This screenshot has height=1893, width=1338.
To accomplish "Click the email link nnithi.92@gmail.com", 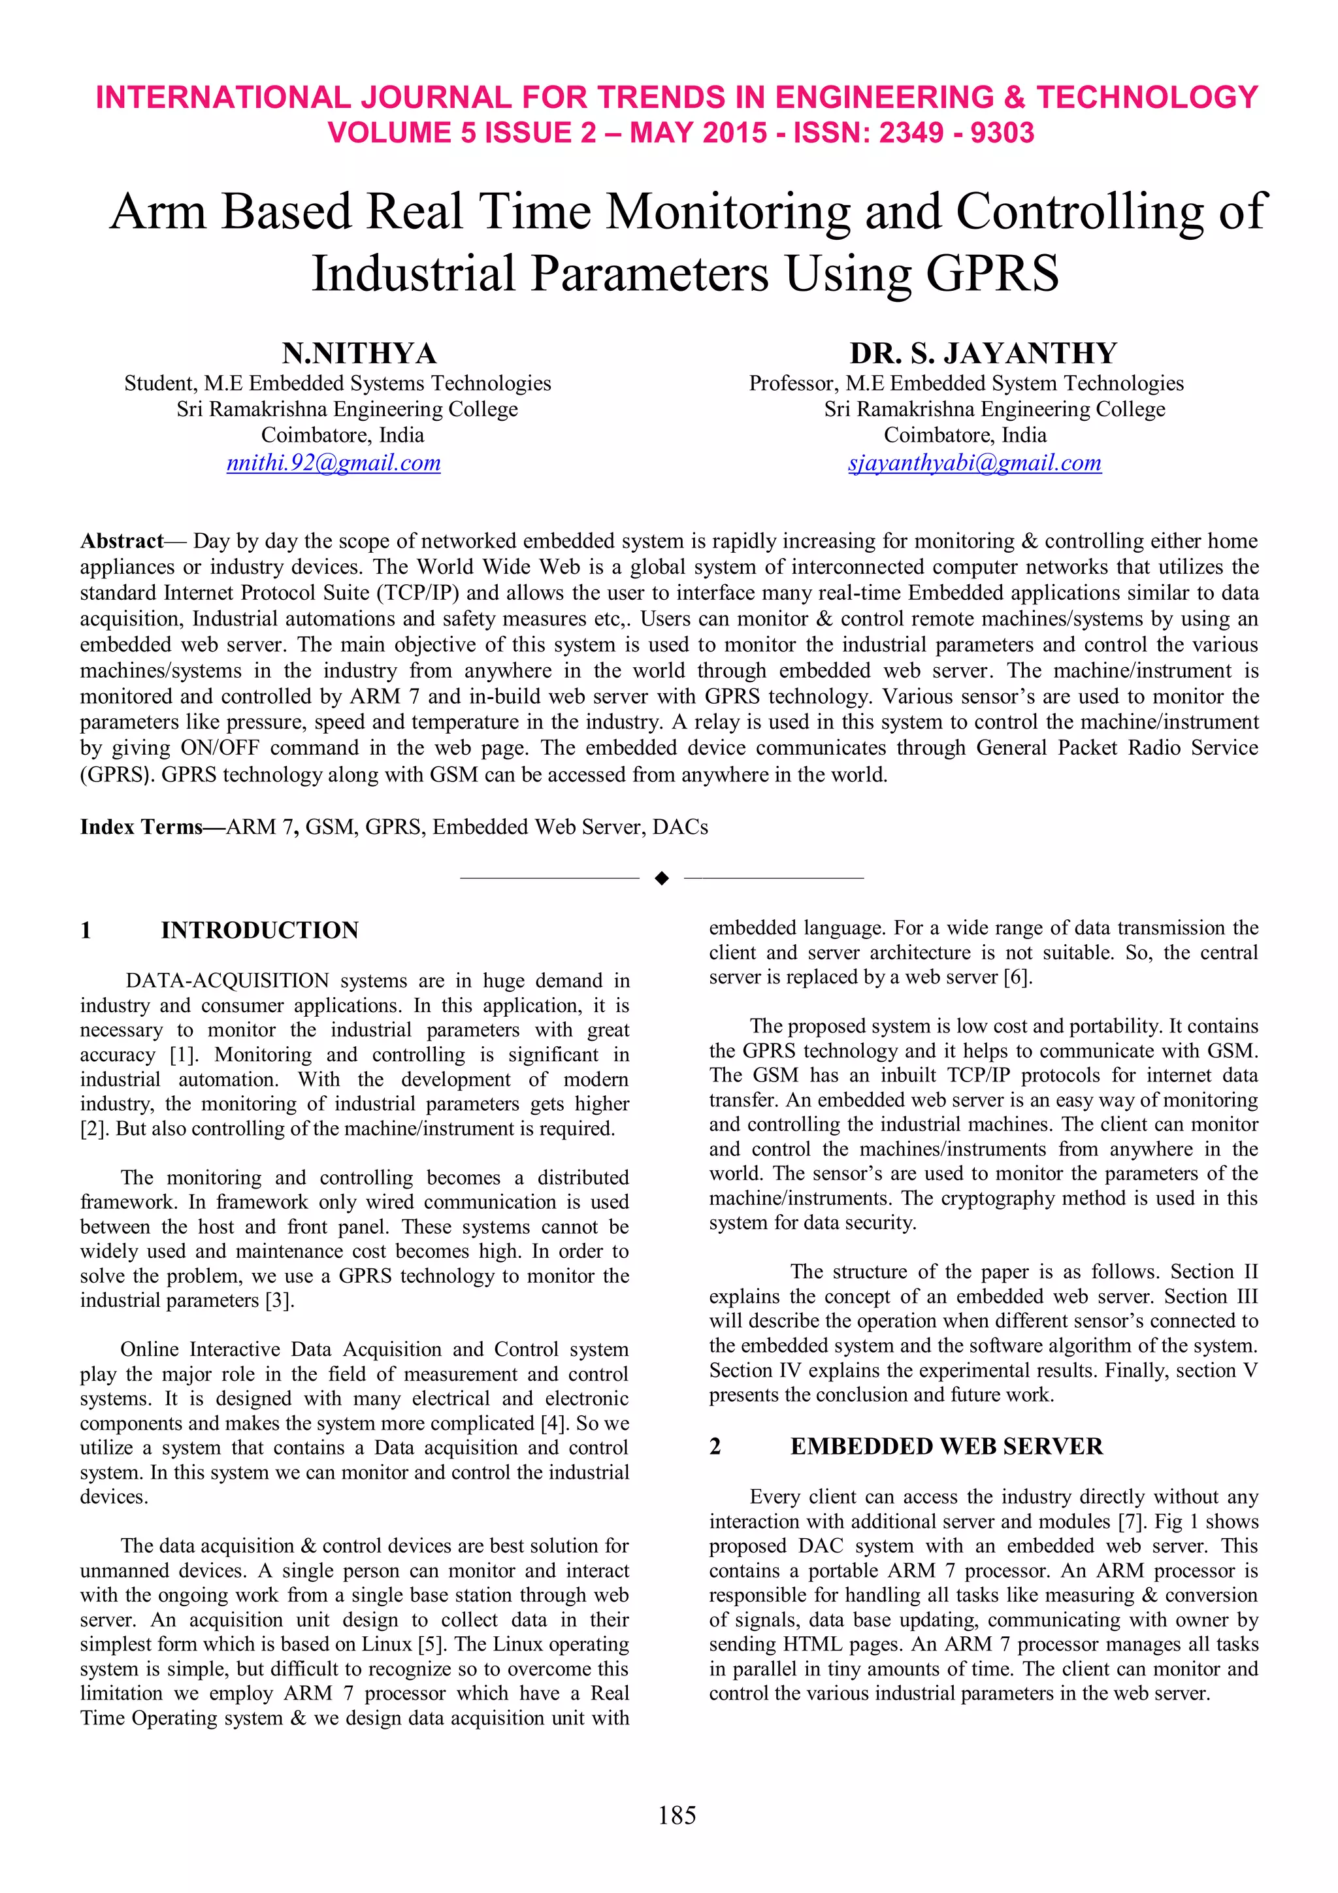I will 333,463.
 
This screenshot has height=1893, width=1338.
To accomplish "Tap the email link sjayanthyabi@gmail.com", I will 975,463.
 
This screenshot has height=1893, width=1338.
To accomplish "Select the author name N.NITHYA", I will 359,353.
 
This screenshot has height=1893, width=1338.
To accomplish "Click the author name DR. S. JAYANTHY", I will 983,353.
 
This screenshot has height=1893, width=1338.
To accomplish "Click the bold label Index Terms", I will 141,827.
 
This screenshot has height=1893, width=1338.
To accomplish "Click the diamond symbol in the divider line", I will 661,879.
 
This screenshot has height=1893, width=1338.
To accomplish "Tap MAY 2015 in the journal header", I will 698,133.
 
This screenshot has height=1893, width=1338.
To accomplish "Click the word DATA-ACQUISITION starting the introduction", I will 227,980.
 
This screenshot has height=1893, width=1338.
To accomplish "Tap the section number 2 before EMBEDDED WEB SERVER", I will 715,1446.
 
